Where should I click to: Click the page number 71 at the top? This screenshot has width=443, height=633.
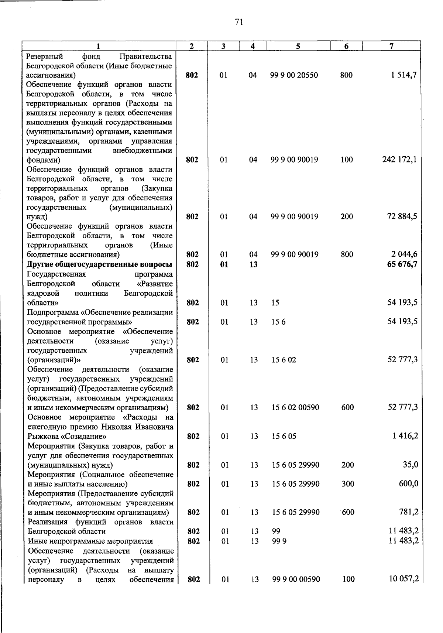(239, 23)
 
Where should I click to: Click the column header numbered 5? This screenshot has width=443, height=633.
(298, 46)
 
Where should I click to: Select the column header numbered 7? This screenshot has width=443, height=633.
(391, 46)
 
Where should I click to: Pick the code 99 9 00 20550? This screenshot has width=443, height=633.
(294, 75)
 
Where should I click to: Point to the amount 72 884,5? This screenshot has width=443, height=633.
(402, 216)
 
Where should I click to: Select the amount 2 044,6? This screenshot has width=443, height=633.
(405, 254)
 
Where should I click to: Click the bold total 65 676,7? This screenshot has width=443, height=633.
(402, 264)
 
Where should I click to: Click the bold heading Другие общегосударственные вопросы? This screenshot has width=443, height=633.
(100, 264)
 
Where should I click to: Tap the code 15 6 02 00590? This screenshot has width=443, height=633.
(295, 408)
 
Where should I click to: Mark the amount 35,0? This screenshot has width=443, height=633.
(411, 465)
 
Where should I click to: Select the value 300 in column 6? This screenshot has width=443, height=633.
(348, 484)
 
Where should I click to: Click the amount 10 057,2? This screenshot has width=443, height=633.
(403, 579)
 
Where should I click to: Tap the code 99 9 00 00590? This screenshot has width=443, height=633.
(296, 579)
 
